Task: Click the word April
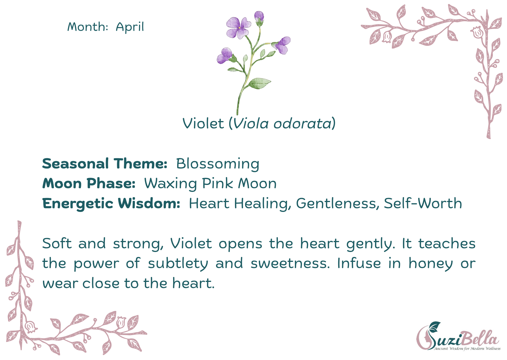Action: point(130,27)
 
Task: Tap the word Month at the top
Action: point(86,27)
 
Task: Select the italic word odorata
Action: point(303,123)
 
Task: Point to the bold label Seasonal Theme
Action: point(104,164)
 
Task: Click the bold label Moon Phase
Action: point(89,183)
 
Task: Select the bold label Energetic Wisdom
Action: point(111,204)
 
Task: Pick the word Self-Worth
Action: point(423,203)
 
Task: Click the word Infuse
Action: point(359,263)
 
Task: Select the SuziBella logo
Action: point(459,336)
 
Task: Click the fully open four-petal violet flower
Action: point(239,28)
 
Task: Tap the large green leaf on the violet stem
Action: point(259,83)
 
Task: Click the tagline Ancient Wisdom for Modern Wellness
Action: point(467,348)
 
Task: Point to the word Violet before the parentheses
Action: point(203,123)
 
